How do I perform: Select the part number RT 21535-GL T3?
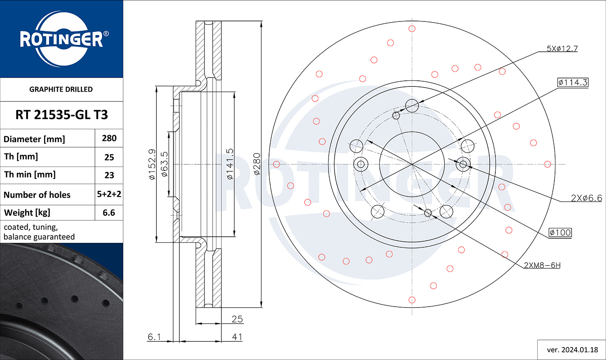pyautogui.click(x=62, y=115)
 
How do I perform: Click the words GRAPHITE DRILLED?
pyautogui.click(x=61, y=89)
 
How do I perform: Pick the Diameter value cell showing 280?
pyautogui.click(x=109, y=138)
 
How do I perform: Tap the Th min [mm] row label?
pyautogui.click(x=30, y=175)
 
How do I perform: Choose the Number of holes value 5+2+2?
pyautogui.click(x=109, y=194)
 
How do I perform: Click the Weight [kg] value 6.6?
pyautogui.click(x=109, y=213)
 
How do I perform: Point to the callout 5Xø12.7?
pyautogui.click(x=562, y=48)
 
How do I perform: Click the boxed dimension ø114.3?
pyautogui.click(x=573, y=82)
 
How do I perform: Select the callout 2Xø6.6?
pyautogui.click(x=587, y=198)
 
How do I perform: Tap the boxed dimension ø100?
pyautogui.click(x=560, y=232)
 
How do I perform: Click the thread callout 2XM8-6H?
pyautogui.click(x=542, y=265)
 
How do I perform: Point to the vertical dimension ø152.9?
pyautogui.click(x=152, y=164)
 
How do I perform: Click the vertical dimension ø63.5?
pyautogui.click(x=164, y=164)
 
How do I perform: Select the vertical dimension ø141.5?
pyautogui.click(x=229, y=164)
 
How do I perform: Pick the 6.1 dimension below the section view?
pyautogui.click(x=154, y=337)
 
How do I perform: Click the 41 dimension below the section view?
pyautogui.click(x=237, y=337)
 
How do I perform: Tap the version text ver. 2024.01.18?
pyautogui.click(x=572, y=350)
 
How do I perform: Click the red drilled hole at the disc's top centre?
pyautogui.click(x=412, y=28)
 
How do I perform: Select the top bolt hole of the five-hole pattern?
pyautogui.click(x=412, y=105)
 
